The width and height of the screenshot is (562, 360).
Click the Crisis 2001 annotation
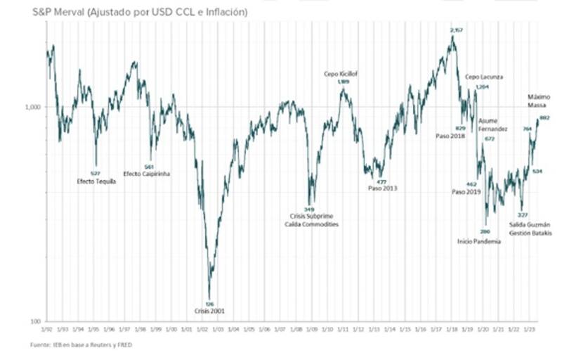(209, 310)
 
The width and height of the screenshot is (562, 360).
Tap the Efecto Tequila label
(96, 181)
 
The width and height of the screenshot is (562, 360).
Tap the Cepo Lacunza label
(485, 77)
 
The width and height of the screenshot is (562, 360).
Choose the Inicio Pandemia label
(479, 241)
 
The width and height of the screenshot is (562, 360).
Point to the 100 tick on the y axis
(36, 321)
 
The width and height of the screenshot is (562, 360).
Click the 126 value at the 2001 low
(209, 303)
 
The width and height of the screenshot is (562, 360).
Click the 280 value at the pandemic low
(484, 231)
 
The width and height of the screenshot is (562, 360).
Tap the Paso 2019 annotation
(464, 191)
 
